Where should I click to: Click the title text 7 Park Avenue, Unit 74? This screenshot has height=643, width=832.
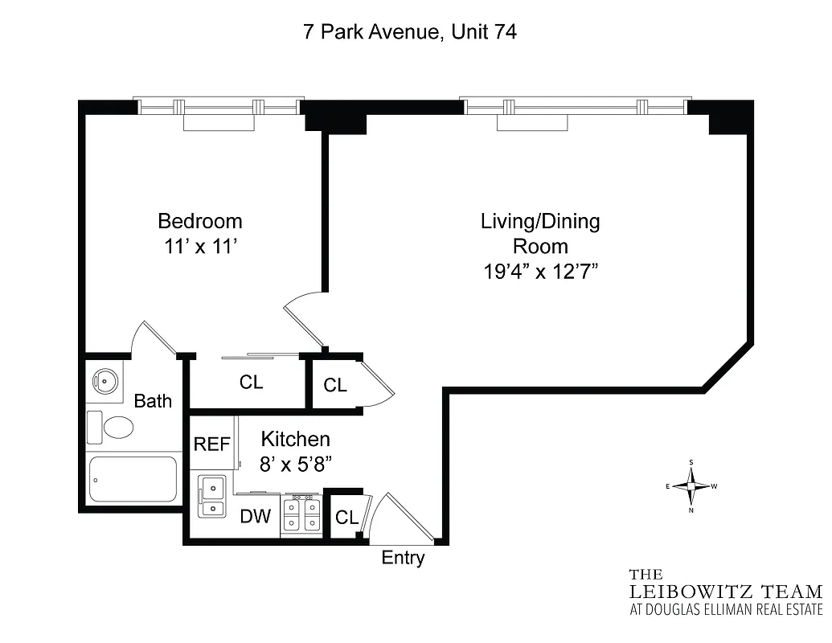pyautogui.click(x=410, y=32)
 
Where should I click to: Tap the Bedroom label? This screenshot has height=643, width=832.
pyautogui.click(x=199, y=221)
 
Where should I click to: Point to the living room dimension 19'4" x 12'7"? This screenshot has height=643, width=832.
pyautogui.click(x=540, y=272)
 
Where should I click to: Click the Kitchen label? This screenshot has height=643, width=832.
pyautogui.click(x=295, y=439)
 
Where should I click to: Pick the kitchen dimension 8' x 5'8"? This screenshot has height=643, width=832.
pyautogui.click(x=295, y=464)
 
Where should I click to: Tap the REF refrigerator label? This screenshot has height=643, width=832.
pyautogui.click(x=212, y=444)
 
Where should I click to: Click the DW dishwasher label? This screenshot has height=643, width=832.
pyautogui.click(x=256, y=516)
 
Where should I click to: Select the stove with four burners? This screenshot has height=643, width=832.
pyautogui.click(x=301, y=515)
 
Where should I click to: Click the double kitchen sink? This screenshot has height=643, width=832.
pyautogui.click(x=212, y=497)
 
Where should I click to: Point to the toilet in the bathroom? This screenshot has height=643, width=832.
pyautogui.click(x=111, y=427)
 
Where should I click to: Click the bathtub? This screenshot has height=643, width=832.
pyautogui.click(x=133, y=479)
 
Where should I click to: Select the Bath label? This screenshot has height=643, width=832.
pyautogui.click(x=153, y=400)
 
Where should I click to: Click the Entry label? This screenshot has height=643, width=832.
pyautogui.click(x=403, y=558)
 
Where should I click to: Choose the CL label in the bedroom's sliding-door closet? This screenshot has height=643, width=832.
pyautogui.click(x=251, y=383)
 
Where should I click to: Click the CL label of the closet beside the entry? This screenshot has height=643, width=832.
pyautogui.click(x=346, y=518)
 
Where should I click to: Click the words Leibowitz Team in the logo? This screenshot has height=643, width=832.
pyautogui.click(x=726, y=592)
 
